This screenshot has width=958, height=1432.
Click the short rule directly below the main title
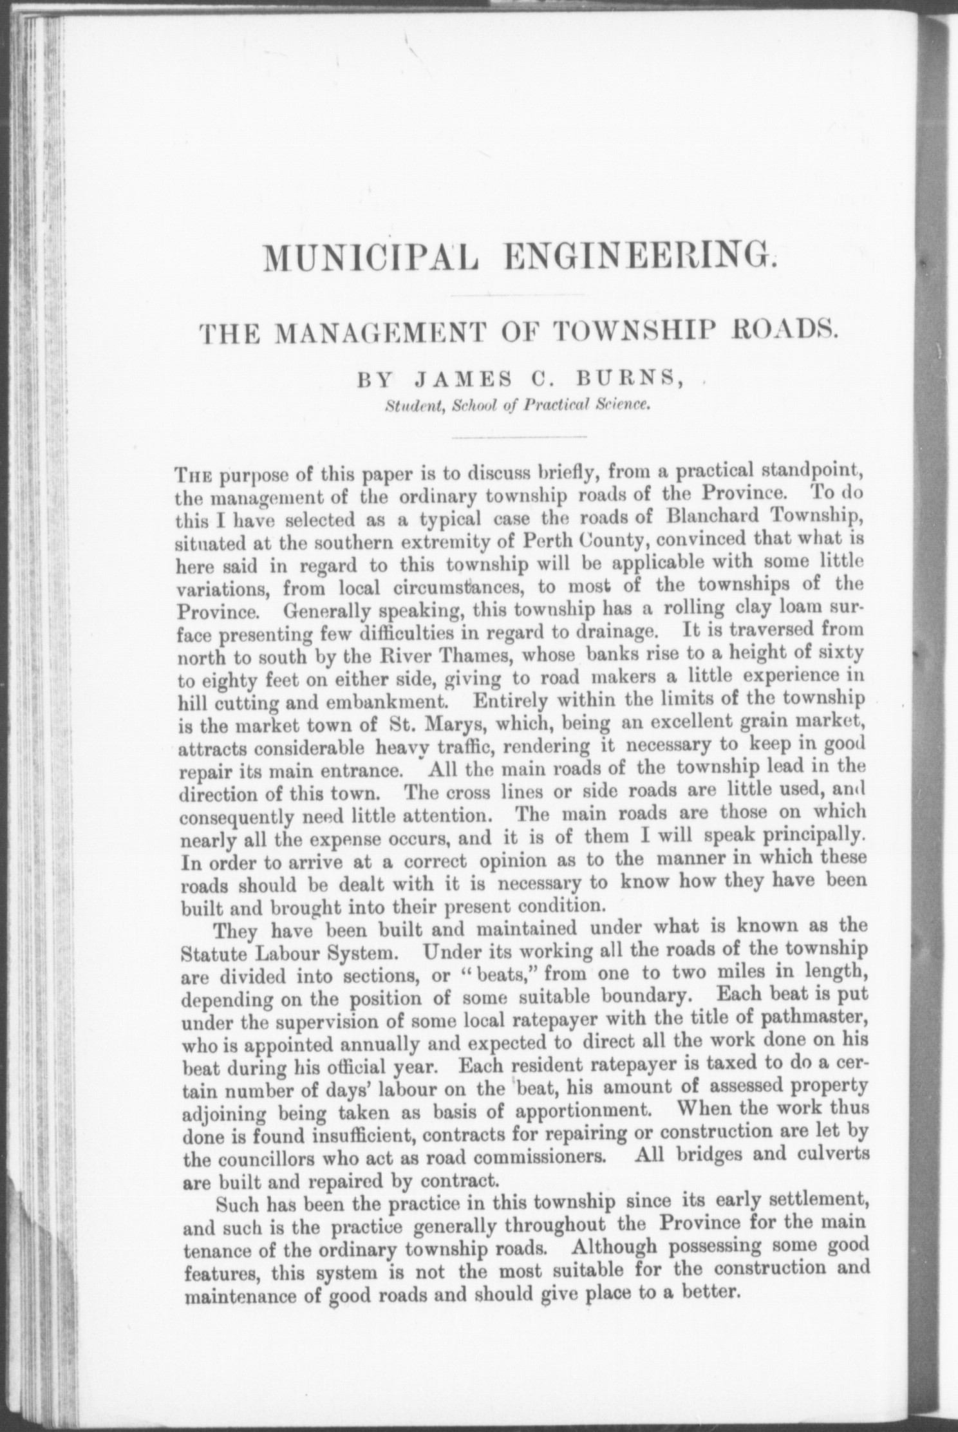[x=518, y=296]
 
